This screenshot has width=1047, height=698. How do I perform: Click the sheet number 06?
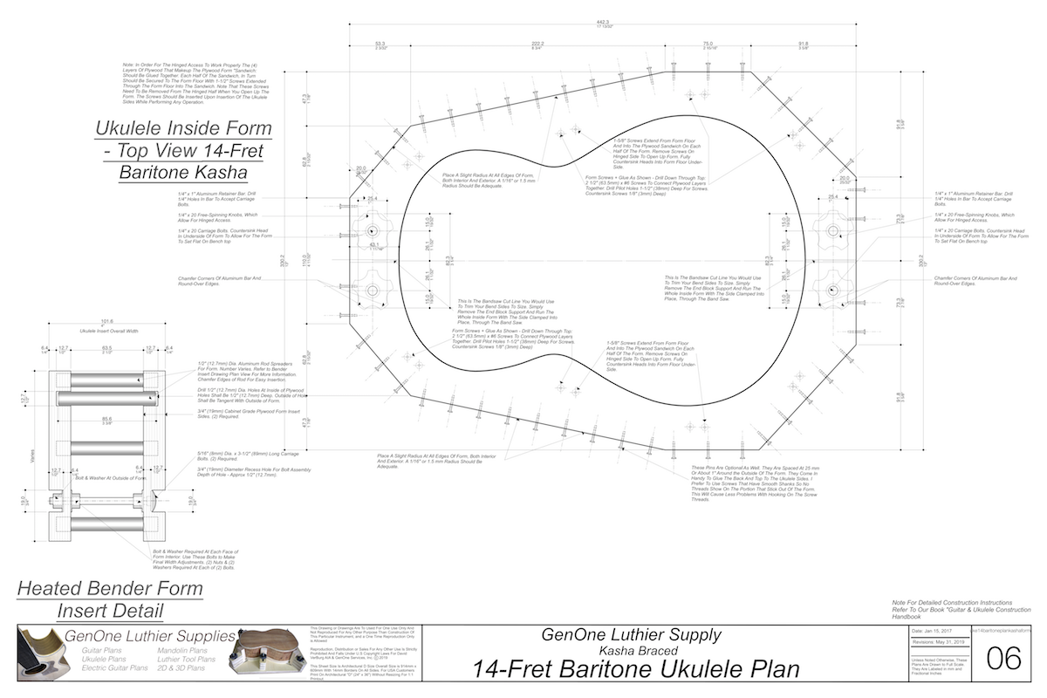(x=1003, y=658)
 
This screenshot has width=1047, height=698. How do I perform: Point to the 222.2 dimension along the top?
(x=537, y=44)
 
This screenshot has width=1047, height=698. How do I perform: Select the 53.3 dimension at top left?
(x=380, y=44)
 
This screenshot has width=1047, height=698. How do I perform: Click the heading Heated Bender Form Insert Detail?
(x=110, y=599)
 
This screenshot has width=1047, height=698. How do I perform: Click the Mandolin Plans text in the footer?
(x=182, y=650)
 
